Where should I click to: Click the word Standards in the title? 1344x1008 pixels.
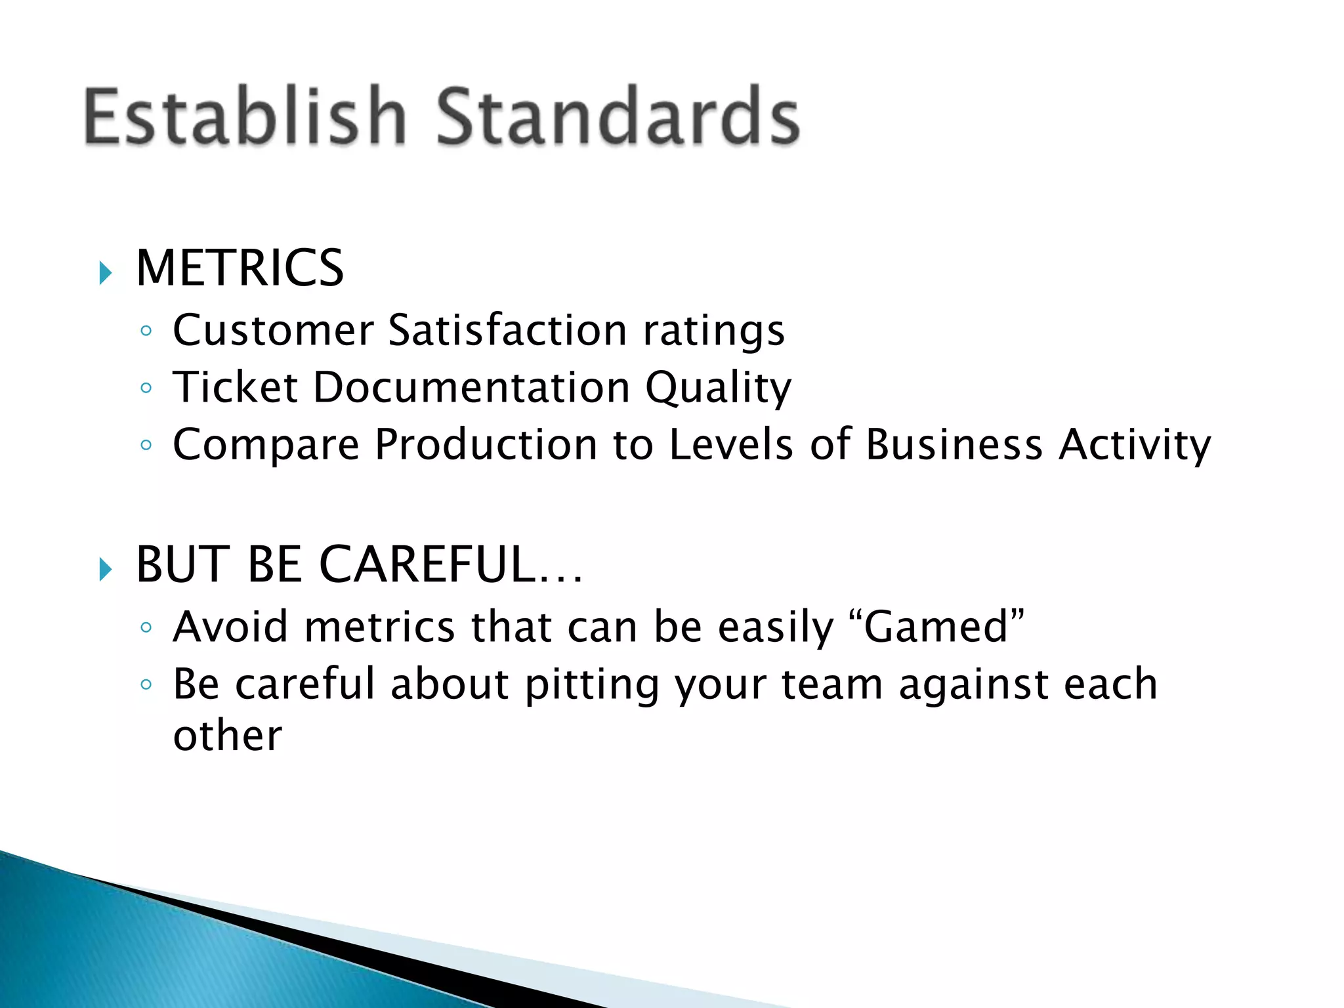pos(618,116)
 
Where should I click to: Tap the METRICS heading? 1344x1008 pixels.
pos(240,268)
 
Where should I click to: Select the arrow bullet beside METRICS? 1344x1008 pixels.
pos(106,272)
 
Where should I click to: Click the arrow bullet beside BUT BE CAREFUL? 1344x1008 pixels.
pos(106,569)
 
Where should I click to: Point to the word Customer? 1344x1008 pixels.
pos(273,330)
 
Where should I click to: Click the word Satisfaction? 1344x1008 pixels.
pos(507,330)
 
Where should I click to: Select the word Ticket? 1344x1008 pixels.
pos(235,387)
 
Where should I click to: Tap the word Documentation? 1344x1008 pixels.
pos(471,387)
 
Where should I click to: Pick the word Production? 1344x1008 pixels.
pos(486,445)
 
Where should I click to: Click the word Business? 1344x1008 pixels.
pos(954,445)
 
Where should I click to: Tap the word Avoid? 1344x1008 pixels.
pos(230,627)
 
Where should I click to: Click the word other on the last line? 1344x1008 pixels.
pos(227,736)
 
